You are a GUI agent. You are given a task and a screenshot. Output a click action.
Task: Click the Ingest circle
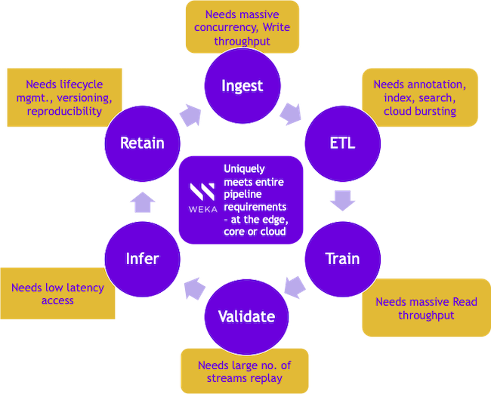click(242, 85)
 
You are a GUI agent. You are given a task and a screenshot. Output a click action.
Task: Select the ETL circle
click(340, 143)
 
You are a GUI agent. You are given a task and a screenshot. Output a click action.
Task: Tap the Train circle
click(341, 258)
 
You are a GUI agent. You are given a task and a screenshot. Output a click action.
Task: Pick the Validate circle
click(246, 316)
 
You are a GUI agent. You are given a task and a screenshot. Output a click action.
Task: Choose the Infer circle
click(143, 258)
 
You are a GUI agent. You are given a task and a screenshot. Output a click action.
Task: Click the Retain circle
click(143, 143)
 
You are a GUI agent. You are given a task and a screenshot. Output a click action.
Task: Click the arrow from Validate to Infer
click(194, 287)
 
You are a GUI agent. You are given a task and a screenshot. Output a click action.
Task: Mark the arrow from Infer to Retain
click(143, 200)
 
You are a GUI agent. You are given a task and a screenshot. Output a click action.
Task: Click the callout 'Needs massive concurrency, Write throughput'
click(242, 27)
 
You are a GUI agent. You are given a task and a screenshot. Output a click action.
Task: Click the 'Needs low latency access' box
click(58, 294)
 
